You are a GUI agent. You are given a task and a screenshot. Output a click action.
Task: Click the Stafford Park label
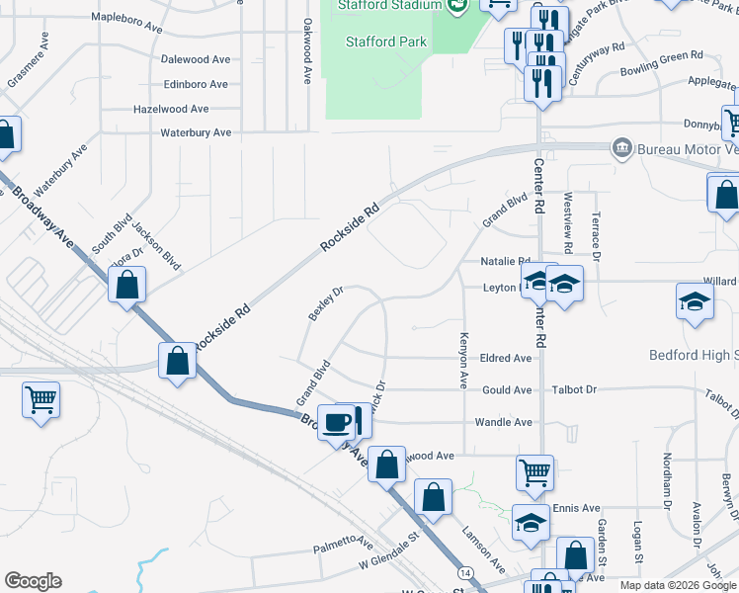(386, 42)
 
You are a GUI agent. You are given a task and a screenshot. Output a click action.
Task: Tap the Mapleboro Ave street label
(125, 18)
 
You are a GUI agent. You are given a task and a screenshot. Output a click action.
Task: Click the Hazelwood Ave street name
(171, 109)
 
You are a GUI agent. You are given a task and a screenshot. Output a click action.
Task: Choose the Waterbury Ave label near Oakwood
(196, 132)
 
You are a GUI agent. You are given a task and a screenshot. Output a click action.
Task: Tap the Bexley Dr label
(325, 303)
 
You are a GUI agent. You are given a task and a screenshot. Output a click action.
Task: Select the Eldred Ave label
(507, 358)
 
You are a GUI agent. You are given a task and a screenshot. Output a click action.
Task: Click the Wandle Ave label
(504, 422)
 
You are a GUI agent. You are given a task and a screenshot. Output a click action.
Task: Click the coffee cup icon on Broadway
(336, 422)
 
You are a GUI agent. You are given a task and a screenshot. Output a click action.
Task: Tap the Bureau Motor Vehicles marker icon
(622, 148)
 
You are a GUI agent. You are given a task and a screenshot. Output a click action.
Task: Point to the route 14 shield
(463, 573)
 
